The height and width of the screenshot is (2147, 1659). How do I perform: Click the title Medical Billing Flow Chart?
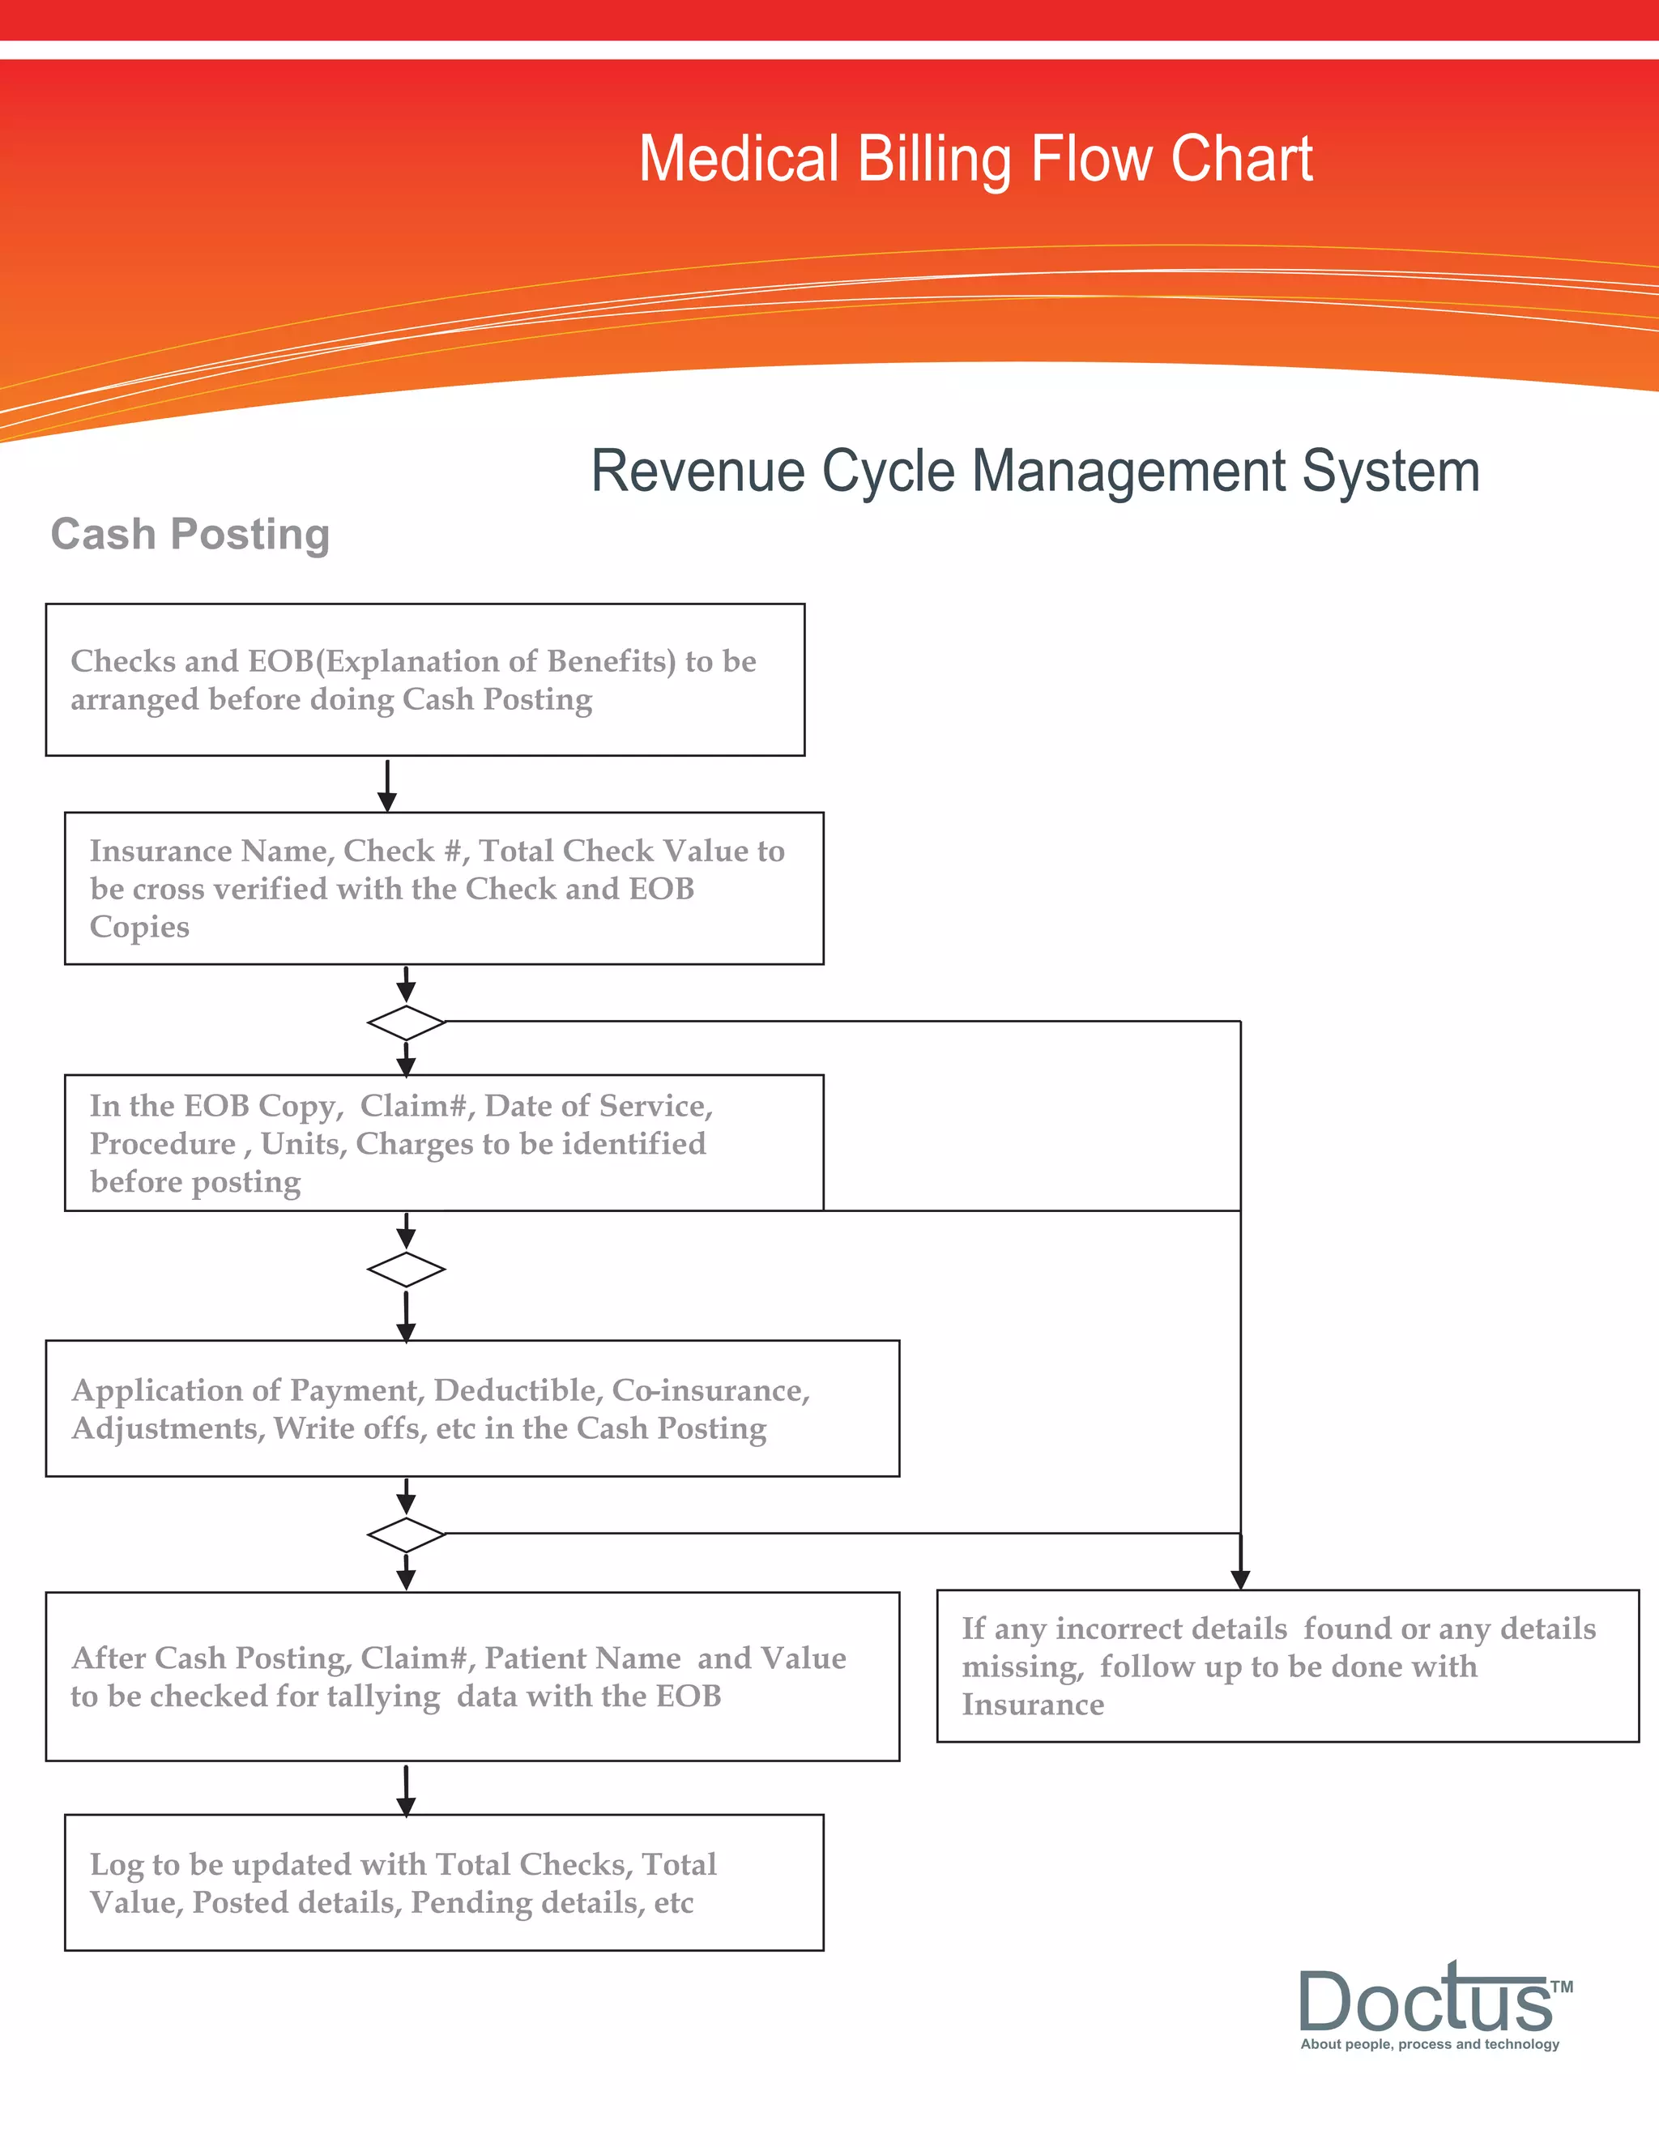[x=975, y=160]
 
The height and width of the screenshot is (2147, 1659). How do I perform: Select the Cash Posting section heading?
[x=190, y=535]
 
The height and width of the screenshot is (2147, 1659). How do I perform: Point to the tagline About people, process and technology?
[x=1429, y=2044]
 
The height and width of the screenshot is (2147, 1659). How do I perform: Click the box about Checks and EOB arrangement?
[x=424, y=679]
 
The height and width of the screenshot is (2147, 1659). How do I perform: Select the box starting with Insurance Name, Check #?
[x=443, y=888]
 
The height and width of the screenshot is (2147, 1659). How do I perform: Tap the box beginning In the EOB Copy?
[x=443, y=1142]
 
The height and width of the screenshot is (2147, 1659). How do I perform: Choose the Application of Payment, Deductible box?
[x=471, y=1408]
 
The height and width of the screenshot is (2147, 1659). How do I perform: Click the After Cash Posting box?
[x=471, y=1676]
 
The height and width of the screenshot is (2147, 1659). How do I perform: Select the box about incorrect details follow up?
[x=1286, y=1665]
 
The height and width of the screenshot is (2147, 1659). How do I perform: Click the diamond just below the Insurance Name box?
[x=406, y=1022]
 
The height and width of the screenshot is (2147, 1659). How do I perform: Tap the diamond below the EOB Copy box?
[x=406, y=1269]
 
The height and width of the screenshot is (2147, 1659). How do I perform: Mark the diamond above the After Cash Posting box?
[x=406, y=1534]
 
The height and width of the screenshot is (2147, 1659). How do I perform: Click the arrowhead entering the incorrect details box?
[x=1240, y=1577]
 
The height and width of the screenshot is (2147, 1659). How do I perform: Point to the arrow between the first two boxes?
[x=387, y=784]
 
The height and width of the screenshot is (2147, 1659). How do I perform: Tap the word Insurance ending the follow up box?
[x=1032, y=1704]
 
